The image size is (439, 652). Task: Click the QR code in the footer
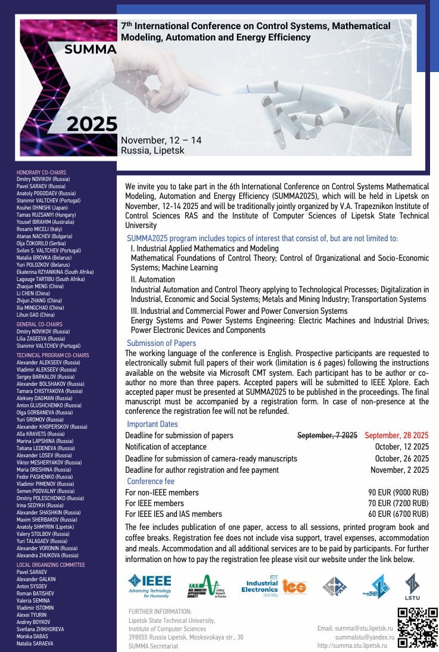tap(418, 627)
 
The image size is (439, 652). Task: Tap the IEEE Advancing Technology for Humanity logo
tap(149, 586)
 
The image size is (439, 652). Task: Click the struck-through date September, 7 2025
tap(327, 435)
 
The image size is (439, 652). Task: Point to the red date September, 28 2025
tap(397, 435)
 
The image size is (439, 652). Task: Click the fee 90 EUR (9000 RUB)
tap(398, 492)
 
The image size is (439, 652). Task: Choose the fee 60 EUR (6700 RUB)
tap(398, 514)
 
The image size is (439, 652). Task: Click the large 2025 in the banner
tap(92, 124)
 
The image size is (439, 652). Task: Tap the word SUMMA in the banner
tap(91, 50)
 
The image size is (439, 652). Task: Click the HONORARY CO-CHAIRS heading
tap(41, 173)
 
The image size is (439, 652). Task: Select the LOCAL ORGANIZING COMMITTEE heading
tap(51, 564)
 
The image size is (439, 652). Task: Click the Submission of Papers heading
tap(161, 343)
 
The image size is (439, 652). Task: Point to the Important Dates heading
tap(152, 425)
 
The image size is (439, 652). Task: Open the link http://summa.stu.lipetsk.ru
tap(352, 645)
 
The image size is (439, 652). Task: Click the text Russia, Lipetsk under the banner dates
tap(152, 151)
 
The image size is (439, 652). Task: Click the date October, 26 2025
tap(402, 458)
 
